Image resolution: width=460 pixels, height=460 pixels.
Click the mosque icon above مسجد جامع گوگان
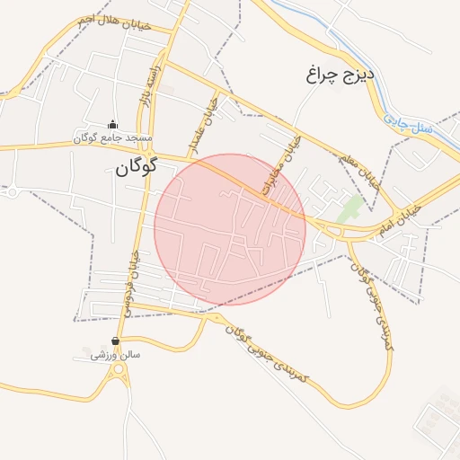point(113,125)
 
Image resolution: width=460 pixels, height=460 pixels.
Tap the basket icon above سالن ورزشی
point(116,341)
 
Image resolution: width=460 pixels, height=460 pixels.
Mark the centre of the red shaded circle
point(230,229)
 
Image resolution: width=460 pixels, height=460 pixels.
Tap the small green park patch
point(351,212)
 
